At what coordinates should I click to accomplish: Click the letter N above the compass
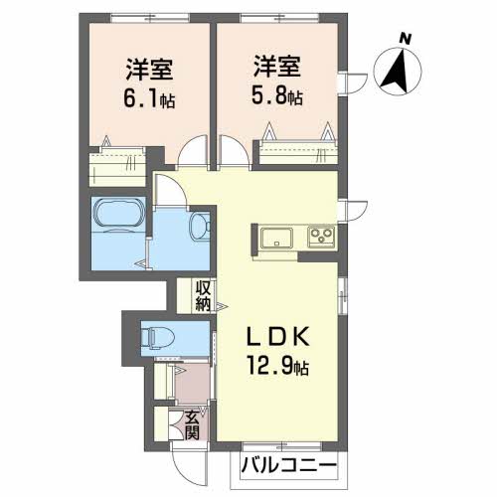click(405, 39)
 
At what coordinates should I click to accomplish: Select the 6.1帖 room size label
click(149, 98)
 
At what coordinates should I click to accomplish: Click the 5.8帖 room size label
click(277, 96)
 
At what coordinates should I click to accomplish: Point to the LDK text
click(277, 336)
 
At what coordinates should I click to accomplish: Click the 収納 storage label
click(203, 296)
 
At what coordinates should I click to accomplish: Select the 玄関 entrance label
click(192, 425)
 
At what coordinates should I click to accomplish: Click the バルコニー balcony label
click(288, 466)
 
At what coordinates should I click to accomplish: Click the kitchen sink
click(276, 238)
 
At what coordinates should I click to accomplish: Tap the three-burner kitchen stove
click(321, 237)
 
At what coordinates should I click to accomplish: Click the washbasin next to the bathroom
click(200, 226)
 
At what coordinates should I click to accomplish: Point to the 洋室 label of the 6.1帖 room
click(149, 70)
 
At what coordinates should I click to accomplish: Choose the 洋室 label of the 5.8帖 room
click(277, 67)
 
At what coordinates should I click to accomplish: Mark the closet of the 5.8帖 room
click(298, 152)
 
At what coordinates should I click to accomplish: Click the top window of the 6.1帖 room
click(150, 18)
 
